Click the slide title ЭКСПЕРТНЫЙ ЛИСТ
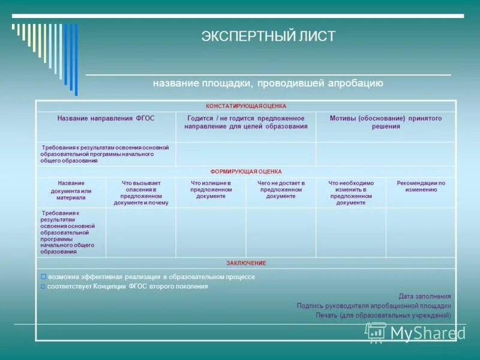tap(268, 36)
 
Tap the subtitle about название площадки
tap(268, 83)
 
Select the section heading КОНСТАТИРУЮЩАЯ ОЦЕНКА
tap(246, 106)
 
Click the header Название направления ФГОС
tap(106, 118)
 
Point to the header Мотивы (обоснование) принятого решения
tap(385, 122)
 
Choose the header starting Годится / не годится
tap(246, 122)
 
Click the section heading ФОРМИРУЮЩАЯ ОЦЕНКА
tap(246, 172)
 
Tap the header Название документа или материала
tap(71, 190)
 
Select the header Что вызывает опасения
tap(140, 193)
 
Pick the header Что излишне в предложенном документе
tap(211, 190)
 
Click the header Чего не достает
tap(281, 190)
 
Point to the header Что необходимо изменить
tap(350, 193)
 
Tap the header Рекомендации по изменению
tap(421, 186)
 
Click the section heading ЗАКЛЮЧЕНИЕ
tap(246, 263)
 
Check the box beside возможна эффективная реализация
tap(43, 277)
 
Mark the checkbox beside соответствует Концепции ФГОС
tap(43, 287)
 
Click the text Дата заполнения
tap(424, 296)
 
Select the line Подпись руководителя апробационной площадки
tap(373, 305)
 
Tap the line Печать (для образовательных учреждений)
tap(383, 315)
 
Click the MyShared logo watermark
tap(415, 332)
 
